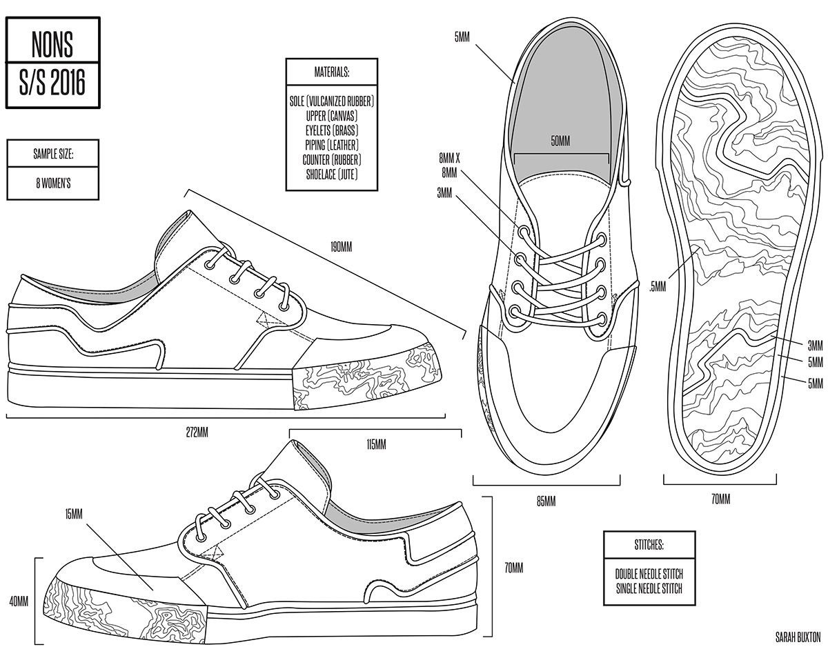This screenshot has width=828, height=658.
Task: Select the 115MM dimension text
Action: (375, 445)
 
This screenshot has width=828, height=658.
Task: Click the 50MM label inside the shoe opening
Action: (560, 141)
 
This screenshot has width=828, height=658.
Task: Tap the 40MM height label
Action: (19, 601)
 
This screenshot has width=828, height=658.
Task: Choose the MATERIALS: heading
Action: (332, 72)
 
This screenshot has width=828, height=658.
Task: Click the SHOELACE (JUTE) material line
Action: (332, 175)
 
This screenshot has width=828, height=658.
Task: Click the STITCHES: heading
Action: (648, 545)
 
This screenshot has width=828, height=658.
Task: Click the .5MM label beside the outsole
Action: (658, 286)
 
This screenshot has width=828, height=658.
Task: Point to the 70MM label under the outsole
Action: (720, 500)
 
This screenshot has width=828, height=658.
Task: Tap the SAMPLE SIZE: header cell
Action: (52, 154)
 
